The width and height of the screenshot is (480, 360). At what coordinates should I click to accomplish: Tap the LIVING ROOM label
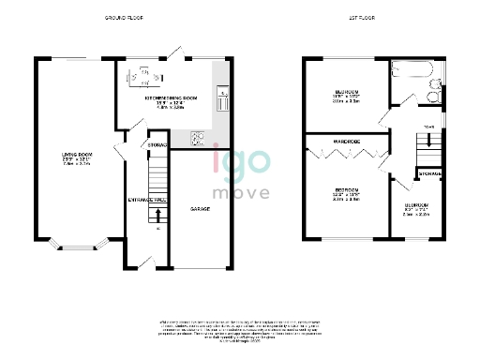tap(76, 157)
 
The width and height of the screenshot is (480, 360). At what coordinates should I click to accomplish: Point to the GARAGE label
tap(199, 208)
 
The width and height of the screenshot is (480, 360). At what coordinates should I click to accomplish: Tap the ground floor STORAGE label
tap(157, 145)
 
